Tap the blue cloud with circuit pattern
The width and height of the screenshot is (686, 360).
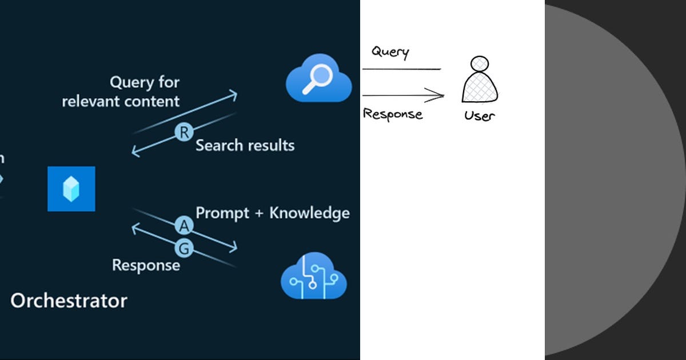click(x=314, y=278)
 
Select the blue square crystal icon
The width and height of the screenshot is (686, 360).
click(x=71, y=189)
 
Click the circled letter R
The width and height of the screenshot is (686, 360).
click(x=184, y=133)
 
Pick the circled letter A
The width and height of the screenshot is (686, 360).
click(x=184, y=227)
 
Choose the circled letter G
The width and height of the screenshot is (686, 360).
click(x=185, y=249)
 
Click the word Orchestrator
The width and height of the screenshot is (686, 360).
click(x=69, y=301)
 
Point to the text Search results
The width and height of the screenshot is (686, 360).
click(x=245, y=145)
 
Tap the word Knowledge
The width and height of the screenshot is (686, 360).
click(x=309, y=213)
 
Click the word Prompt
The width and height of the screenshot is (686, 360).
click(x=222, y=213)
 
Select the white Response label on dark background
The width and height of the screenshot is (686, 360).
click(x=146, y=266)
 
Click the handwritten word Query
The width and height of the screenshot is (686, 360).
click(x=390, y=52)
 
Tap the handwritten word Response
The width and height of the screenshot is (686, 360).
click(x=393, y=114)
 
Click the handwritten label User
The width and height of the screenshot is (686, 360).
click(x=479, y=116)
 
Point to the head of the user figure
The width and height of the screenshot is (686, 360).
click(x=480, y=63)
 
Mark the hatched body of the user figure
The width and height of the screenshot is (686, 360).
click(x=480, y=87)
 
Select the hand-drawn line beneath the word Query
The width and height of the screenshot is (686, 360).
click(x=401, y=69)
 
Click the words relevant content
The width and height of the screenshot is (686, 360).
click(x=121, y=102)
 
